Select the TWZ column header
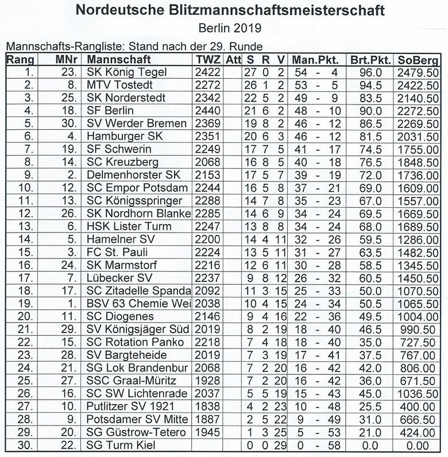tap(207, 60)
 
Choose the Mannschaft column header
tap(120, 60)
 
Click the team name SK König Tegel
tap(127, 72)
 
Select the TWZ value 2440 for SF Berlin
tap(207, 110)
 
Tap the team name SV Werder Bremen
tap(137, 123)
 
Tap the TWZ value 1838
tap(207, 406)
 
